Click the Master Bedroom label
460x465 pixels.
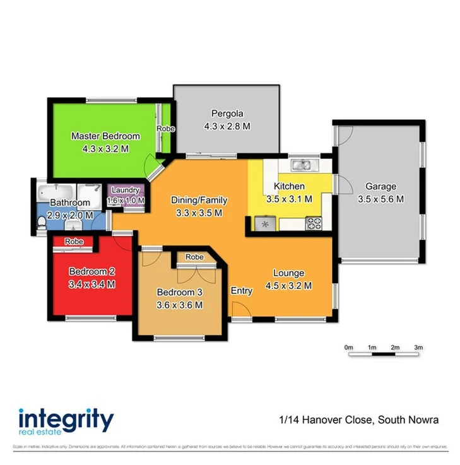coord(105,136)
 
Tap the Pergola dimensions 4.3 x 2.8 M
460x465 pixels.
coord(227,126)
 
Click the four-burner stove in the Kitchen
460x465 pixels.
coord(314,223)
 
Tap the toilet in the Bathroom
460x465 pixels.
coord(42,221)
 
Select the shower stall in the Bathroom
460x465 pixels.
coord(90,192)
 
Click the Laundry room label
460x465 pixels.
coord(126,190)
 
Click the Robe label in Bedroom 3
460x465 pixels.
coord(194,257)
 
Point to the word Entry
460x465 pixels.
coord(242,291)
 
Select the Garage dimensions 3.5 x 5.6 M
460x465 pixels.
coord(380,199)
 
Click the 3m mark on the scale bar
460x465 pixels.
coord(418,348)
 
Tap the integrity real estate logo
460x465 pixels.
coord(66,422)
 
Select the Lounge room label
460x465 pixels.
coord(288,273)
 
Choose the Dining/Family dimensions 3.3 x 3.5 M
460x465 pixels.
coord(199,213)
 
